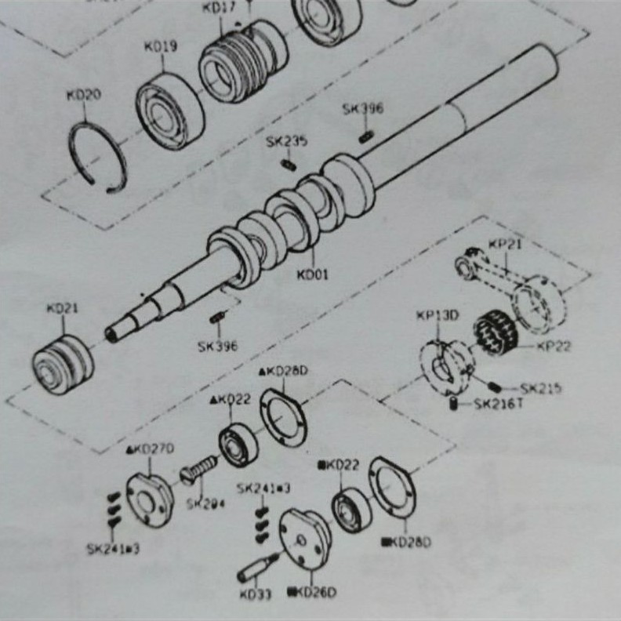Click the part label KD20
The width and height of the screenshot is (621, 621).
84,95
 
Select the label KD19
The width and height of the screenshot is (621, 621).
160,47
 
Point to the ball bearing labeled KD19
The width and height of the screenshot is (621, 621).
170,110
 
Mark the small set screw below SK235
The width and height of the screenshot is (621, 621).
288,165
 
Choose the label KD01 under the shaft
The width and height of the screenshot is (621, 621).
313,274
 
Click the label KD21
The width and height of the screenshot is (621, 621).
63,309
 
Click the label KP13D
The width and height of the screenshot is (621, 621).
438,316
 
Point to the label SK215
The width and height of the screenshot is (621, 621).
540,388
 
